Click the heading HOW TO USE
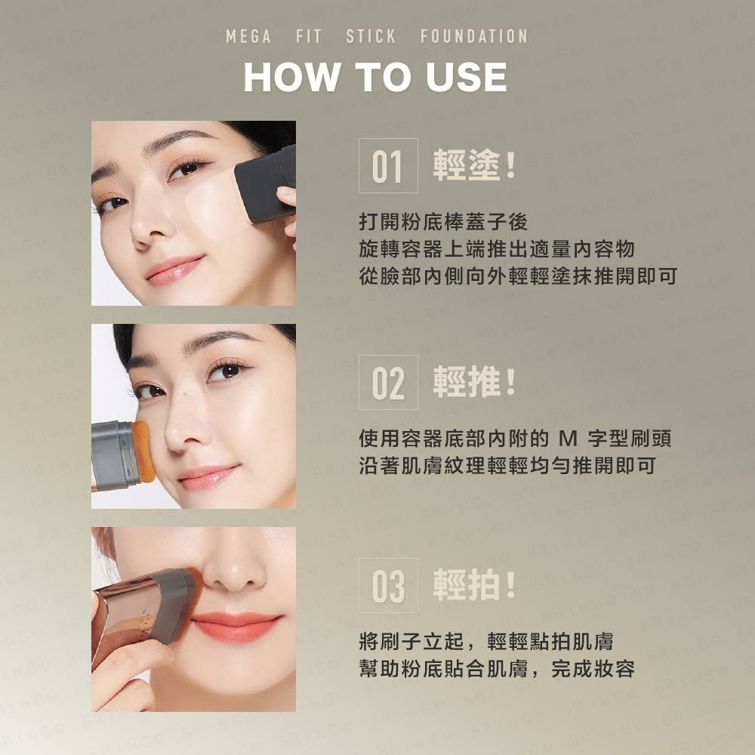(375, 77)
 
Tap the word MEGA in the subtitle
(248, 36)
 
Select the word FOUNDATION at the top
(474, 36)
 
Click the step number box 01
(388, 165)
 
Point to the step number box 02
(388, 382)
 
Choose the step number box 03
(388, 586)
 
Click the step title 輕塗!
(474, 165)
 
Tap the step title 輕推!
(474, 382)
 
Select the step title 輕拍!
(474, 585)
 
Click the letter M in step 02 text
(569, 439)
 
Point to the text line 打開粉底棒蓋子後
(443, 222)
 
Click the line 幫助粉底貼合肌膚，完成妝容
(497, 669)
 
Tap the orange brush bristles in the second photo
(143, 451)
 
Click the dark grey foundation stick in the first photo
(266, 184)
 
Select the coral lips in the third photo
(236, 627)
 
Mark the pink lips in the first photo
(174, 270)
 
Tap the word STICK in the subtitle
(371, 36)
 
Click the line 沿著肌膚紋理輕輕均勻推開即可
(507, 466)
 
